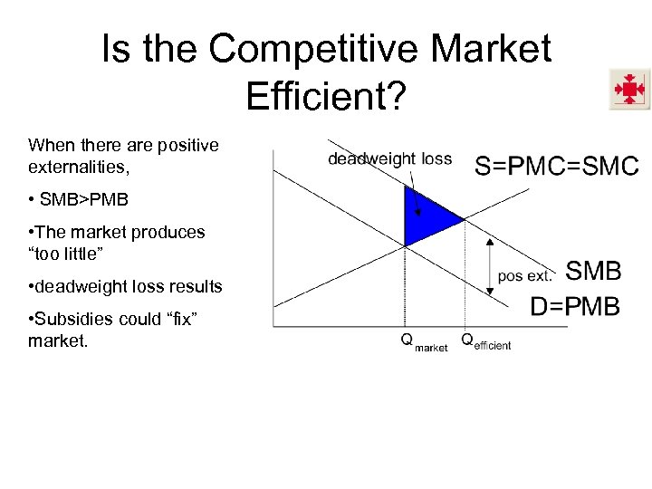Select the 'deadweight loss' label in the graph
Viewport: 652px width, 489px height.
coord(389,159)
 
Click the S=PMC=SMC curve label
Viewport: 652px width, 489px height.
coord(557,166)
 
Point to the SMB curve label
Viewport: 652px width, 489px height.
coord(593,270)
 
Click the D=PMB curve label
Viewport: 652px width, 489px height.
coord(575,306)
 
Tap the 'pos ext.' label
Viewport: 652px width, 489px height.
coord(525,275)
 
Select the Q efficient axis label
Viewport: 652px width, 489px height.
coord(485,342)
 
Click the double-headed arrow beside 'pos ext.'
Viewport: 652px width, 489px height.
coord(490,266)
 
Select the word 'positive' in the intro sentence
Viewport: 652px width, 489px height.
coord(187,145)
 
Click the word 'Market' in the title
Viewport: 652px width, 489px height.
coord(490,49)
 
